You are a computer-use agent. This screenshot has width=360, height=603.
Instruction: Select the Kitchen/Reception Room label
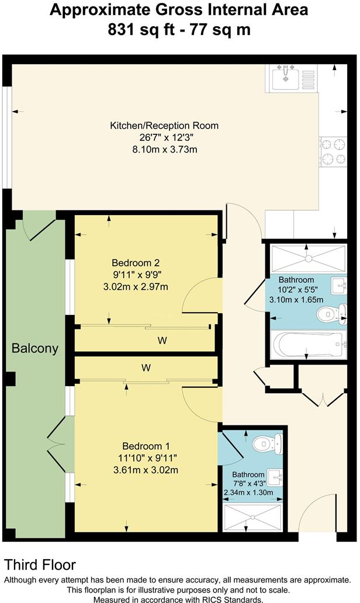click(164, 126)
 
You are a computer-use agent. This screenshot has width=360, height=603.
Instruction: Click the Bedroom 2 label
click(136, 263)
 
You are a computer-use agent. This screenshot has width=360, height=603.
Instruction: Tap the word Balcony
click(35, 349)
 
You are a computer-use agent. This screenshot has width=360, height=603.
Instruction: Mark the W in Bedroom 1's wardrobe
click(146, 368)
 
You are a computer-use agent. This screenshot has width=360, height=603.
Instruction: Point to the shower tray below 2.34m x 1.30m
click(251, 516)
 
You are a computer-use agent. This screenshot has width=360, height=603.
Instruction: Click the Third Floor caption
click(40, 564)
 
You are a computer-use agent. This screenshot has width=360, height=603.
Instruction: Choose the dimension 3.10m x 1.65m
click(296, 300)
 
